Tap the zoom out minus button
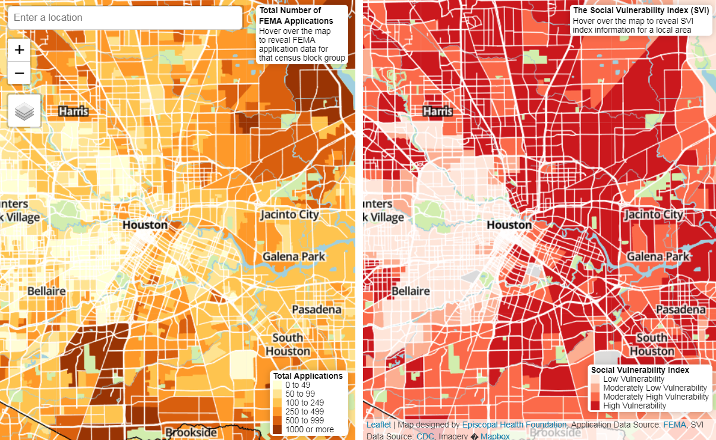pos(19,73)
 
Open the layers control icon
pos(24,111)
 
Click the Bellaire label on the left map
pos(46,291)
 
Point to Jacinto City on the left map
pos(289,215)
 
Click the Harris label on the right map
pos(437,111)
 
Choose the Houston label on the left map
pos(144,225)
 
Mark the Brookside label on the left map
pos(191,432)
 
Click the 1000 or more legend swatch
pos(278,429)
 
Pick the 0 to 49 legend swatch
pos(278,385)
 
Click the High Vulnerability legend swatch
pos(595,406)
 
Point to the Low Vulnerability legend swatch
pos(595,379)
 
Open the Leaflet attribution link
pos(378,425)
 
